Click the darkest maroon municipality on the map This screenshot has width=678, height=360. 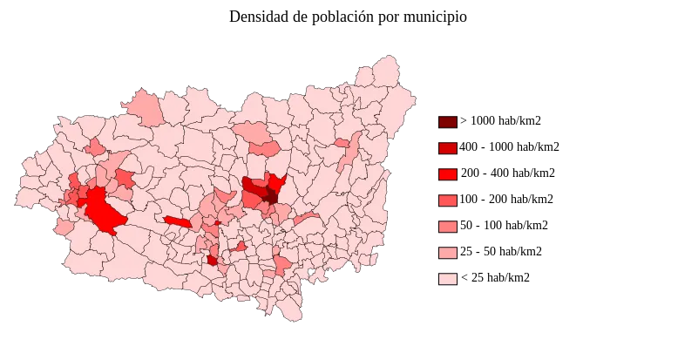pos(271,196)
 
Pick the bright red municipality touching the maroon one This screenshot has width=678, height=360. pos(277,182)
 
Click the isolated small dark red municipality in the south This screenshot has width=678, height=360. pos(212,260)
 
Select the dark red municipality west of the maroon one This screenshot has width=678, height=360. pos(254,187)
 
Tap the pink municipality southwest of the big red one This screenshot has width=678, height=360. pos(64,228)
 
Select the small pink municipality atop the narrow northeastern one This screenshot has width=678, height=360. pos(342,142)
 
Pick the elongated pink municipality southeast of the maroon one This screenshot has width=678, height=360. pos(306,217)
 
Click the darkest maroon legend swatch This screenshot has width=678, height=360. pos(449,122)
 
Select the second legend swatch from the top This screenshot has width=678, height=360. pos(449,148)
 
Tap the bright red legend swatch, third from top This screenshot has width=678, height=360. pos(449,174)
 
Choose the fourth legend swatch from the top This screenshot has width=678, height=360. pos(449,200)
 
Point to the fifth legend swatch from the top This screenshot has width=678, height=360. pos(449,227)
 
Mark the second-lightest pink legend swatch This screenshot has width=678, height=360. pos(449,253)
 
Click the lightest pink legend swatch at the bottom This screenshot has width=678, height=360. pos(449,279)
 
